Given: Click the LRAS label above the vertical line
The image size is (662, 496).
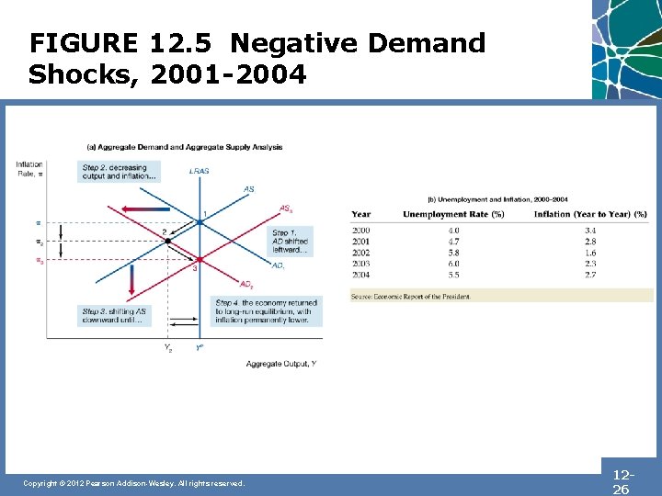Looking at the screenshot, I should point(198,171).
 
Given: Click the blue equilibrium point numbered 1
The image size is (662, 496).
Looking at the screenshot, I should point(199,221).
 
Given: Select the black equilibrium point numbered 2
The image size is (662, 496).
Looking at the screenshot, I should point(166,240).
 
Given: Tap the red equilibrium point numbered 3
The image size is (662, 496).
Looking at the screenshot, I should point(199,259).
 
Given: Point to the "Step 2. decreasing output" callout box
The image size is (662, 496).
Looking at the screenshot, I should point(120,172).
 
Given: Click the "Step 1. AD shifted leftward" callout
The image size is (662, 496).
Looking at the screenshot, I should point(291,242).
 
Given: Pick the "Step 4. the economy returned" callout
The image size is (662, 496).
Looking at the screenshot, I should point(266,312).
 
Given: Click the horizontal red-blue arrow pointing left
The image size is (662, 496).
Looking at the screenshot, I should point(148,209).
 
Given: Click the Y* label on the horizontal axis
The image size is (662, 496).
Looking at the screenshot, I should point(199,348).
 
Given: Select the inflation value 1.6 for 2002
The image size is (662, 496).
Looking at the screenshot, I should point(589,253).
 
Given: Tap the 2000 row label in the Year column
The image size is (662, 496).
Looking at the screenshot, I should point(360,230).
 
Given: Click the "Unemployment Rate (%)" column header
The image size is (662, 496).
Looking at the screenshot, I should point(453,215).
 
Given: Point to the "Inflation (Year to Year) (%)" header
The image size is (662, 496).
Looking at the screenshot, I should point(590,215).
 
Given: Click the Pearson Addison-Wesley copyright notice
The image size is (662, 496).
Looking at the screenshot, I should point(134,483).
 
